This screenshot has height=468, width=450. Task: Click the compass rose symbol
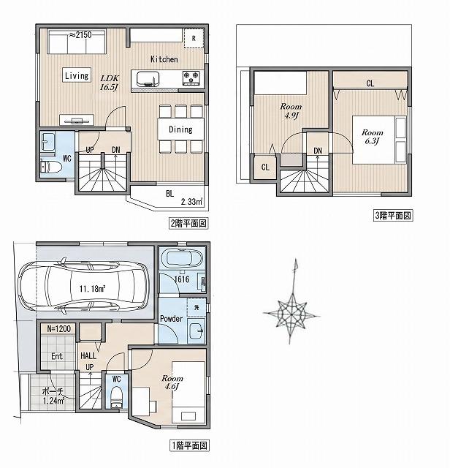291,314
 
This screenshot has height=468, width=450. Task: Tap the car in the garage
83,288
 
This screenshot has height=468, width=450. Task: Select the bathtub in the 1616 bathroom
182,258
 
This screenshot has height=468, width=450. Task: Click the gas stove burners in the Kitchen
191,78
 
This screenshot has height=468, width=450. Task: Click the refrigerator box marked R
194,38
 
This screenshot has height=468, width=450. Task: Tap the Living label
77,75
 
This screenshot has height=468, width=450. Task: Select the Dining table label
180,129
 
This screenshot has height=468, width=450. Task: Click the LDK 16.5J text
110,83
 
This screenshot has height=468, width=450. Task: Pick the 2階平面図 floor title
188,223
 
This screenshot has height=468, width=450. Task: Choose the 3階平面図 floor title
393,215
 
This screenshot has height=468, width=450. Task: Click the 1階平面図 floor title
189,445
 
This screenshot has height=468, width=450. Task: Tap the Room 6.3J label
372,137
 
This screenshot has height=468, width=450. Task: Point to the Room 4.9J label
291,110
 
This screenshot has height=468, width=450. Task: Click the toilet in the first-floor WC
116,396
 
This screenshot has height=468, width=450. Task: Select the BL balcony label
169,193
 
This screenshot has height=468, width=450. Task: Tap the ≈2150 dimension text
80,35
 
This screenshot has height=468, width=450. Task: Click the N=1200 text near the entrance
59,328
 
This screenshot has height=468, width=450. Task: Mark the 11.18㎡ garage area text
92,289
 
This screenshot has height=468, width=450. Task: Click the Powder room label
171,319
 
